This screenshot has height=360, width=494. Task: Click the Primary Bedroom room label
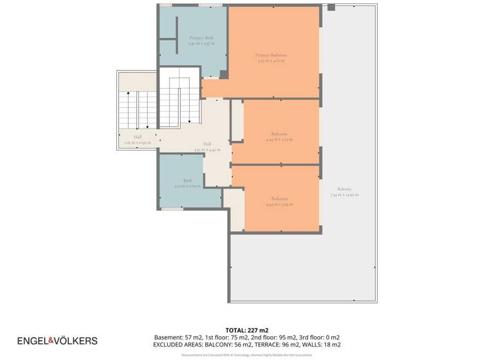point(270,55)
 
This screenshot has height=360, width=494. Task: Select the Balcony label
point(344,189)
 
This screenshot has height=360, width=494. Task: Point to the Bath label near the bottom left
point(187,181)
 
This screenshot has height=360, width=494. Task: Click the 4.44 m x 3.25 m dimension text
point(279,139)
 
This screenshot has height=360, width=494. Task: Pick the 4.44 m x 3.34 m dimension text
point(279,204)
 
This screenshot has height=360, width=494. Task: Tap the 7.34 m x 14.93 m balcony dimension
point(344,195)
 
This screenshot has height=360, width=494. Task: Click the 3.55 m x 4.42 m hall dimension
point(207,150)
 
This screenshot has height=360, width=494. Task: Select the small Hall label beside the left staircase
point(138,137)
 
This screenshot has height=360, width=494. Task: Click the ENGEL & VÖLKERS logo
point(57,340)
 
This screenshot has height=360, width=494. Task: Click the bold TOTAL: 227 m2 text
point(247,330)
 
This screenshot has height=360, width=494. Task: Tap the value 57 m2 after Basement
point(194,337)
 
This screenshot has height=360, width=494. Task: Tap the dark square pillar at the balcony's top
point(331,7)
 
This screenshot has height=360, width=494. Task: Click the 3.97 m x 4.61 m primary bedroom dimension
point(270,61)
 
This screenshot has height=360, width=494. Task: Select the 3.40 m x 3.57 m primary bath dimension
point(201,44)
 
